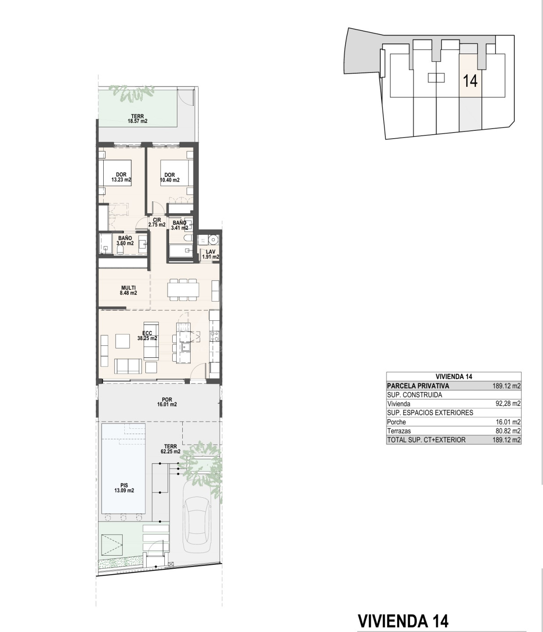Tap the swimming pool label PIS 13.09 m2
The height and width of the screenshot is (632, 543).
124,488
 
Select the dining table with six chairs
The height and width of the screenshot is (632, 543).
183,290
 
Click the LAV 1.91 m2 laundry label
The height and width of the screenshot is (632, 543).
210,255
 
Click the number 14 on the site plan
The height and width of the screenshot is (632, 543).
470,81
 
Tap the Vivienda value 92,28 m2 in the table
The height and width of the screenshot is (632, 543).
508,404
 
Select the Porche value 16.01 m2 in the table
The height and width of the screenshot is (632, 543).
508,422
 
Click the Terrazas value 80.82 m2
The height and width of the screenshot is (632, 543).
508,431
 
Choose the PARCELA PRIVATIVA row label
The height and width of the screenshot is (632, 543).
418,386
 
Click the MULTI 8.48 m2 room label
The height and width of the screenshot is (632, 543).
129,290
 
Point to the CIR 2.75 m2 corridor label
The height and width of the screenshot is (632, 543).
157,222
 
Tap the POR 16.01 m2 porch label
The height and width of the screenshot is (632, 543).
167,402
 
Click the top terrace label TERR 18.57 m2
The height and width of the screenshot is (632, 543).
138,118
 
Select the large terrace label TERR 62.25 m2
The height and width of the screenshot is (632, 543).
170,449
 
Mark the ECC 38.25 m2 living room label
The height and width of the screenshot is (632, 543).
147,336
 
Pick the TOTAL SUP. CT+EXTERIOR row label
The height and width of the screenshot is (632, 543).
427,440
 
